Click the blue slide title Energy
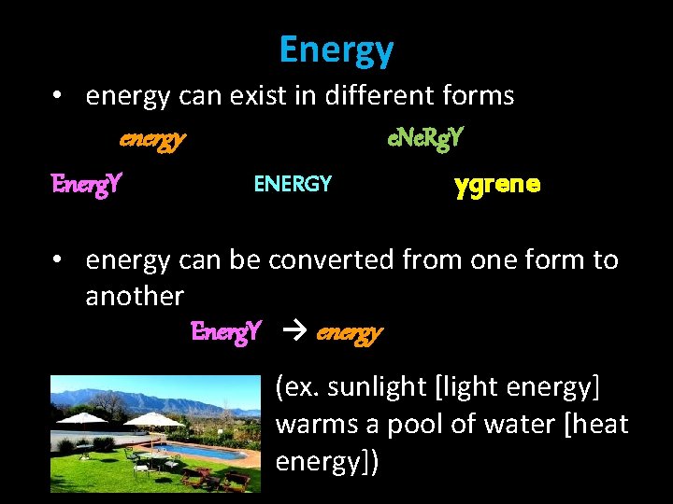pos(336,49)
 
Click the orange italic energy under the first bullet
pos(152,139)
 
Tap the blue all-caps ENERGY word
pos(293,184)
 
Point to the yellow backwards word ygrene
pos(496,184)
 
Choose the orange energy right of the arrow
pos(350,332)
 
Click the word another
pos(135,296)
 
